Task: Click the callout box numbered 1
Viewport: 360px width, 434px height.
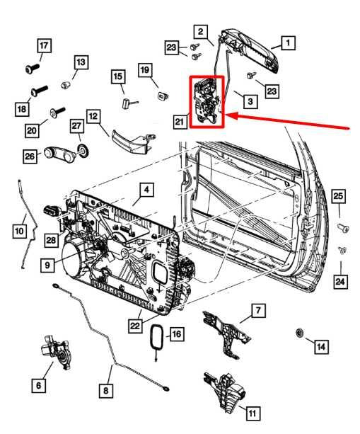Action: point(288,42)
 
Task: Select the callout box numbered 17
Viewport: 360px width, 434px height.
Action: point(44,47)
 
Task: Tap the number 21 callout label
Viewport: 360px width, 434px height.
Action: point(180,122)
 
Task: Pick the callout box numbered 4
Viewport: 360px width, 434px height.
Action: point(144,190)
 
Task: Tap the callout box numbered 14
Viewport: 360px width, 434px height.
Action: point(320,346)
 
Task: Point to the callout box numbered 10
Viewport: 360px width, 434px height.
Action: point(19,230)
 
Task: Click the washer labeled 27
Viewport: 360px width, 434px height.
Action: point(83,150)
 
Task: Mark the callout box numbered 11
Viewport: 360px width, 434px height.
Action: point(252,411)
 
